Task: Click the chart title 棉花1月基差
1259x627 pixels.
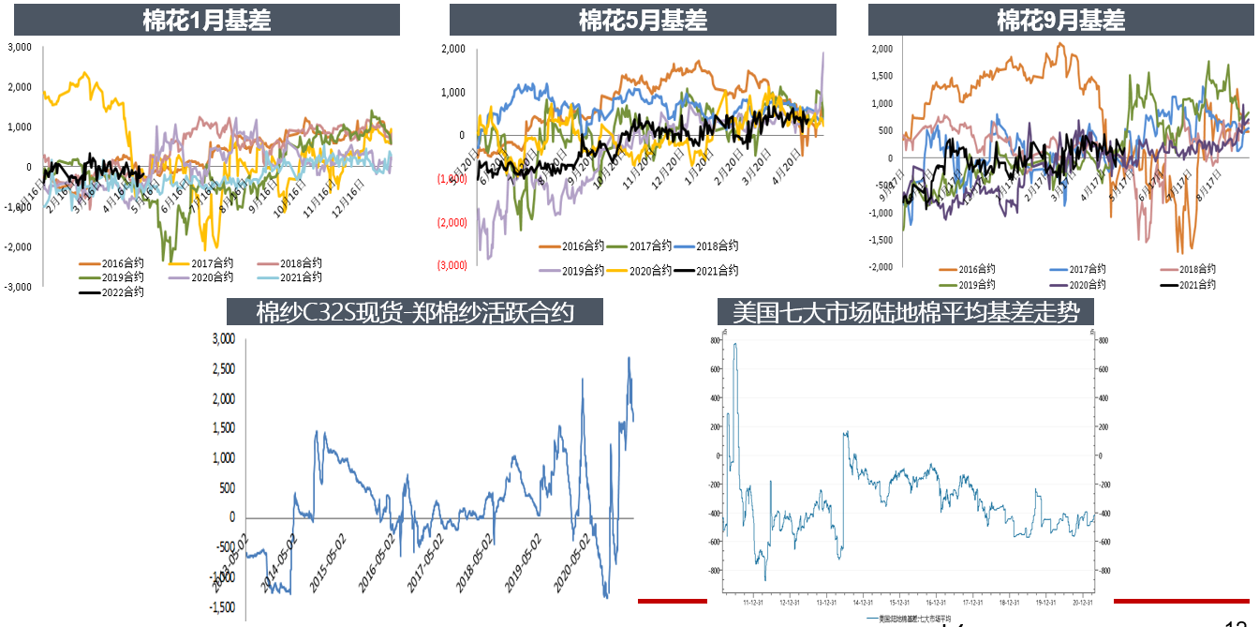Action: (x=207, y=20)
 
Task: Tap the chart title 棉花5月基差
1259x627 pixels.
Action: (x=643, y=20)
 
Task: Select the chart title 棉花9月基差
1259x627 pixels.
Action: (x=1060, y=20)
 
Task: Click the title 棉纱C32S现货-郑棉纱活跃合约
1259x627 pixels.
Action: (x=415, y=312)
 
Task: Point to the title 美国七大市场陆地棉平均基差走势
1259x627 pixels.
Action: (x=906, y=312)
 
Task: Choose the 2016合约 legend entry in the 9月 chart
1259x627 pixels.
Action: (x=973, y=270)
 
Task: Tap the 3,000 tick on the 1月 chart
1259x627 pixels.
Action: (x=20, y=47)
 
